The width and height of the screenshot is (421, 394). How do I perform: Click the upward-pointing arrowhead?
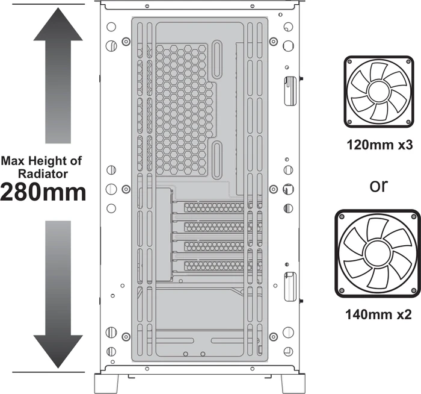click(58, 25)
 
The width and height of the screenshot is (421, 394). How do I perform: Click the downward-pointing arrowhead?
click(58, 351)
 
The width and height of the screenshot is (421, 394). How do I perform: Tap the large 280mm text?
click(43, 192)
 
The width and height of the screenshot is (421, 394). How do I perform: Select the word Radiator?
click(43, 174)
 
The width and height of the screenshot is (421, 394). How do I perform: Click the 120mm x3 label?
click(380, 145)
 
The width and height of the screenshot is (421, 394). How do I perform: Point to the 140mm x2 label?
click(378, 314)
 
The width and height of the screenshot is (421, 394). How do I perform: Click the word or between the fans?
click(378, 186)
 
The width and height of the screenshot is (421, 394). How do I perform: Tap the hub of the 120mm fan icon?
click(379, 92)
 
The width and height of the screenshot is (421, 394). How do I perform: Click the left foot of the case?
click(107, 384)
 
